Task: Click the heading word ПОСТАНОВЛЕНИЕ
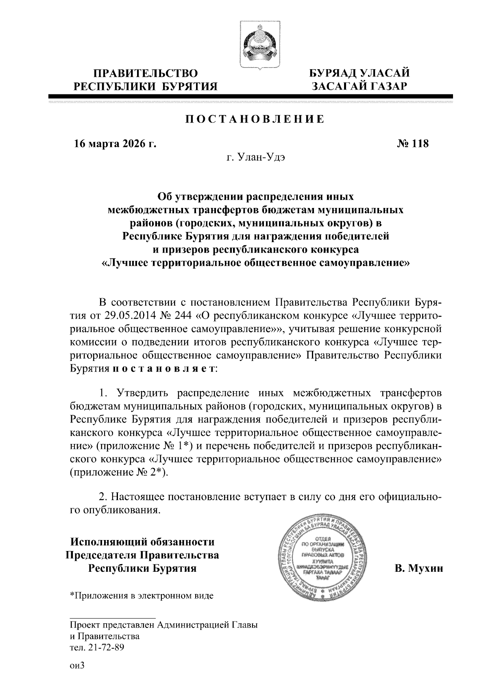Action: coord(255,119)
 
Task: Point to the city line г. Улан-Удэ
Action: coord(255,157)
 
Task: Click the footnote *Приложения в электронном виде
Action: coord(142,596)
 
